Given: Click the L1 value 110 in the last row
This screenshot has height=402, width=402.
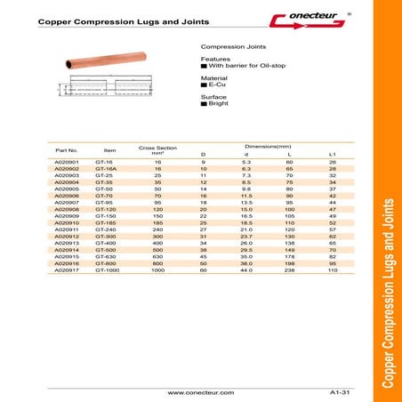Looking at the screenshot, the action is point(333,268).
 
